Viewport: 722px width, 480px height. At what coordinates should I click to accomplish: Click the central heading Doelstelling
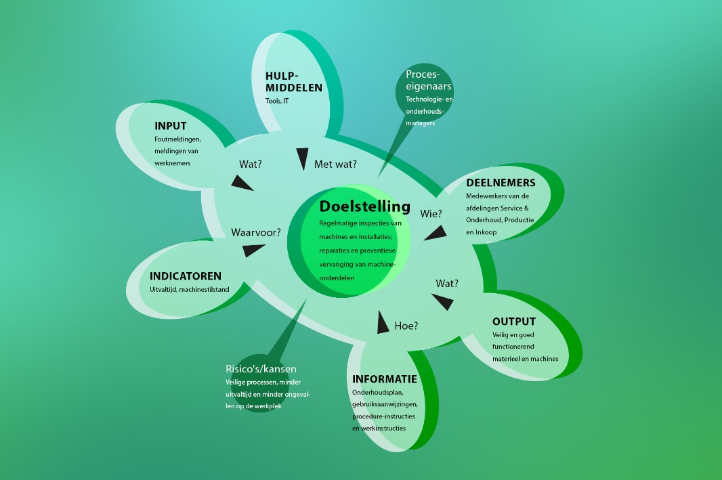pyautogui.click(x=364, y=206)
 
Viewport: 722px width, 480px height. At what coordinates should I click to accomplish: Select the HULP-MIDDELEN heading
pyautogui.click(x=294, y=82)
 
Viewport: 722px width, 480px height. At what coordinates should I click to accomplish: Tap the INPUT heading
pyautogui.click(x=171, y=126)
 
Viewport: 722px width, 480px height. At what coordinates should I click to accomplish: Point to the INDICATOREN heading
pyautogui.click(x=186, y=276)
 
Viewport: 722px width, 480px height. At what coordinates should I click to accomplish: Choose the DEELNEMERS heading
pyautogui.click(x=501, y=183)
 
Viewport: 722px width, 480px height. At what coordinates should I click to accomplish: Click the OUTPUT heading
pyautogui.click(x=514, y=321)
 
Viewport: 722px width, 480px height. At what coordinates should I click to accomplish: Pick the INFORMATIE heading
pyautogui.click(x=385, y=379)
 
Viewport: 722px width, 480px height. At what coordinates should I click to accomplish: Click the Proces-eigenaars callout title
pyautogui.click(x=428, y=80)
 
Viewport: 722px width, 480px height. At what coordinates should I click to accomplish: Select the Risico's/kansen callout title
pyautogui.click(x=261, y=368)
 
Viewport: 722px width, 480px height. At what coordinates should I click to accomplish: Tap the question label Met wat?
pyautogui.click(x=335, y=165)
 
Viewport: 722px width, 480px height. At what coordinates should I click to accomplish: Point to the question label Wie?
pyautogui.click(x=431, y=213)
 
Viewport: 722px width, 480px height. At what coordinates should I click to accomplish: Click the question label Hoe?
pyautogui.click(x=406, y=326)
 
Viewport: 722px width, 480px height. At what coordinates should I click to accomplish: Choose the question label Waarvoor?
pyautogui.click(x=256, y=232)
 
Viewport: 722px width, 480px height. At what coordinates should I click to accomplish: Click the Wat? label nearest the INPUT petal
pyautogui.click(x=251, y=165)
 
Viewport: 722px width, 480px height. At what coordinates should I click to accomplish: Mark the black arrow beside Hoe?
pyautogui.click(x=382, y=323)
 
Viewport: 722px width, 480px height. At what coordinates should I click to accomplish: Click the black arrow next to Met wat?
pyautogui.click(x=302, y=158)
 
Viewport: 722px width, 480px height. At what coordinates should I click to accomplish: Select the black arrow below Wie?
pyautogui.click(x=436, y=234)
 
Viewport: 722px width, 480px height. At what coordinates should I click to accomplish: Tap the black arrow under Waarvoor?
pyautogui.click(x=253, y=250)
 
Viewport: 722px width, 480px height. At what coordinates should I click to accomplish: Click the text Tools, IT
pyautogui.click(x=277, y=101)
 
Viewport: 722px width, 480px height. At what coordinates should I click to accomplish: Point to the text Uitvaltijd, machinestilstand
pyautogui.click(x=189, y=290)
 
